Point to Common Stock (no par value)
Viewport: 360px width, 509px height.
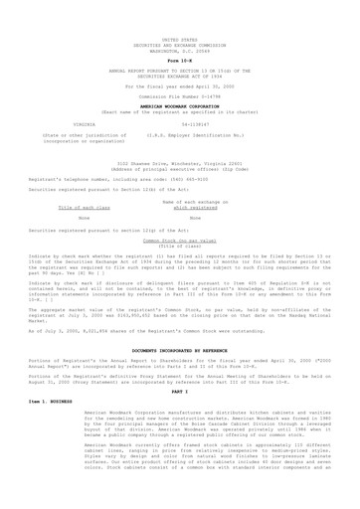179,240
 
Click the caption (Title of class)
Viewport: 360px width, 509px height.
180,246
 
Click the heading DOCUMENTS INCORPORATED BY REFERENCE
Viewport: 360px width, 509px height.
180,337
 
